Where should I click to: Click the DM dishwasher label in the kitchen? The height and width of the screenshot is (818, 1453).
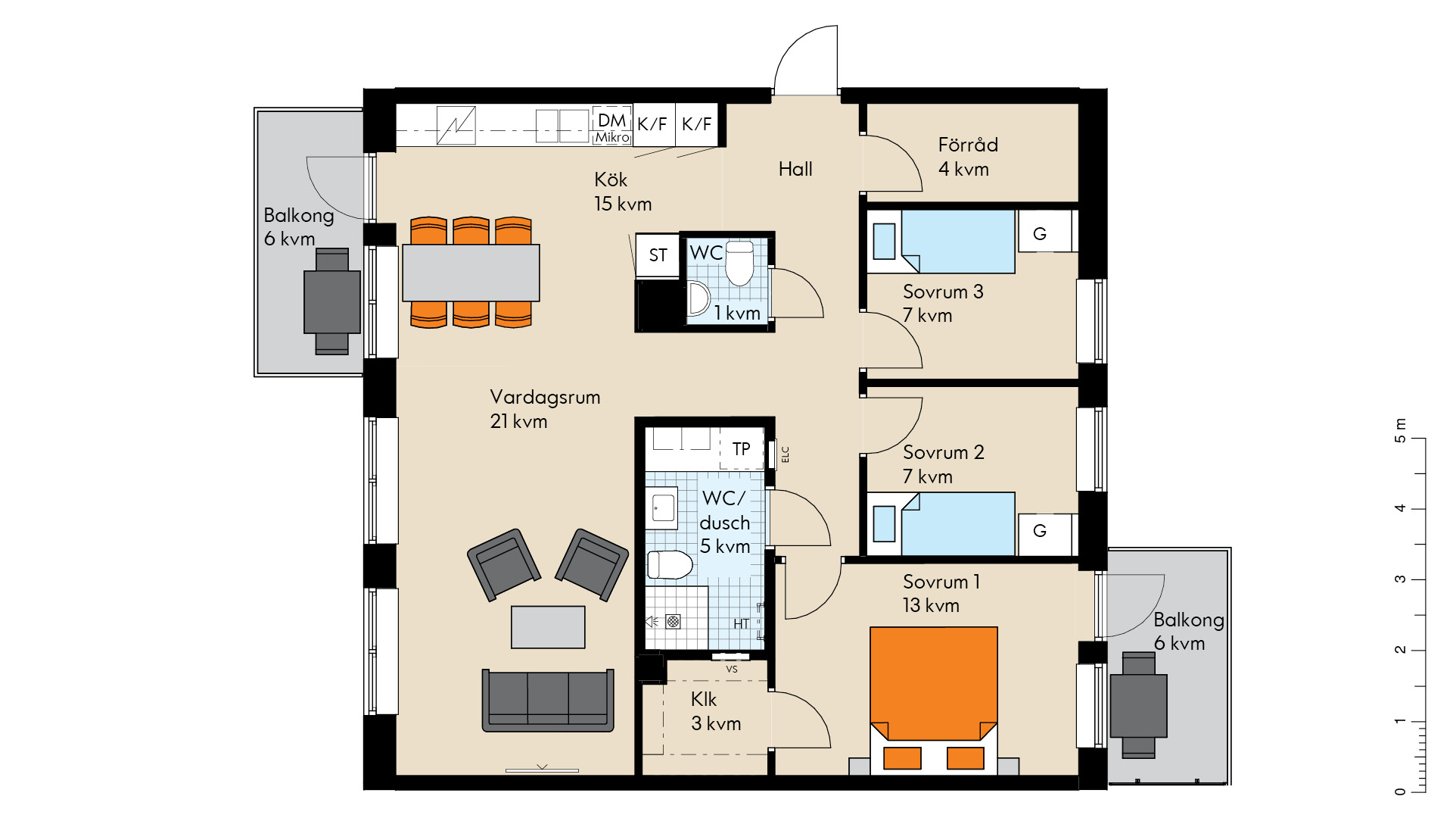[x=611, y=120]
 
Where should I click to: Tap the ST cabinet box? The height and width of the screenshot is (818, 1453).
[x=657, y=255]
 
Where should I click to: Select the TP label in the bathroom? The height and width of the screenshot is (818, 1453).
[x=741, y=449]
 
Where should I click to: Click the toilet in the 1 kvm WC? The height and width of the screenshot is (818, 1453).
[x=739, y=263]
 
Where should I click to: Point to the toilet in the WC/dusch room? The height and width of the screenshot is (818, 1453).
[x=670, y=564]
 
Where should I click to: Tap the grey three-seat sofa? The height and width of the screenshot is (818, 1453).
[x=548, y=700]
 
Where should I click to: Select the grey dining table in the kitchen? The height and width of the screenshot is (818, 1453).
[x=471, y=273]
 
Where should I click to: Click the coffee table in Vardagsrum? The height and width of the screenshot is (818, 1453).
[x=548, y=627]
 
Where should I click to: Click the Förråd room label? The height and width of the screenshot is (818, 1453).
[x=968, y=145]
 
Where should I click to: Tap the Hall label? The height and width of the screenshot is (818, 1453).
[x=795, y=169]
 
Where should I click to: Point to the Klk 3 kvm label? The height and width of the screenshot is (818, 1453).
[x=715, y=711]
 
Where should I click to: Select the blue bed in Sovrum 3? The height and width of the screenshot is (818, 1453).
[x=958, y=242]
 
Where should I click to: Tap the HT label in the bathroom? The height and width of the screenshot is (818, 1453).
[x=741, y=623]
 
